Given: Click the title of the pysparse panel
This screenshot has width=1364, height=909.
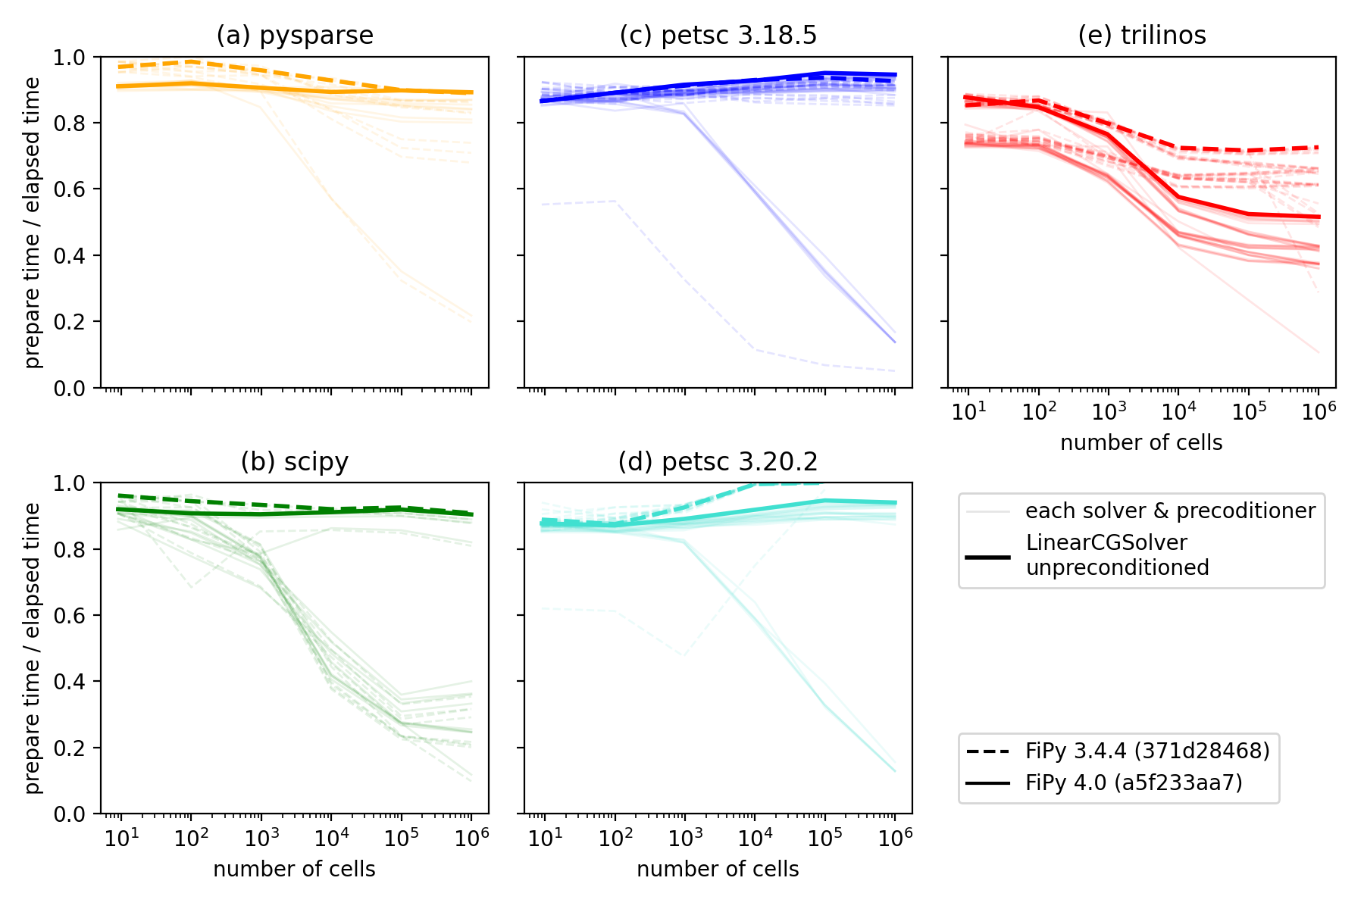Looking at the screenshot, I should click(x=295, y=36).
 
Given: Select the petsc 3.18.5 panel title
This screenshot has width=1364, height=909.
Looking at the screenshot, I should click(x=718, y=36).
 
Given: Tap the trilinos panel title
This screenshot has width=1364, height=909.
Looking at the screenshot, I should click(x=1141, y=36).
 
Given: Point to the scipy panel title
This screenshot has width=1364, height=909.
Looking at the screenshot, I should click(x=295, y=461).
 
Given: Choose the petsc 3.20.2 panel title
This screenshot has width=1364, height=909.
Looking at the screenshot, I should click(x=718, y=461).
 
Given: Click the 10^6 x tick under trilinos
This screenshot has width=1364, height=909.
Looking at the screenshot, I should click(x=1319, y=411).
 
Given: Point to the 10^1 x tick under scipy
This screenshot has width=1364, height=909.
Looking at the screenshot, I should click(x=121, y=838).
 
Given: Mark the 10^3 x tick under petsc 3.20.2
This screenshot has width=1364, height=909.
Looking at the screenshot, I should click(x=685, y=838).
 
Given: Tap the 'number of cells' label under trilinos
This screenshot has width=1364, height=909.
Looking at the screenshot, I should click(x=1141, y=443).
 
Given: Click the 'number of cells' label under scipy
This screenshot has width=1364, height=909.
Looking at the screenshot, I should click(x=295, y=869).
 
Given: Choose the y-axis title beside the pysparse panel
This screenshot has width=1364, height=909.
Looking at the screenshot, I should click(x=33, y=223).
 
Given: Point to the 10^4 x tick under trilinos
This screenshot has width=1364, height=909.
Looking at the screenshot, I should click(x=1179, y=411).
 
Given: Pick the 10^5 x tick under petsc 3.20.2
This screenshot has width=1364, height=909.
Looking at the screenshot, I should click(x=825, y=838).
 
